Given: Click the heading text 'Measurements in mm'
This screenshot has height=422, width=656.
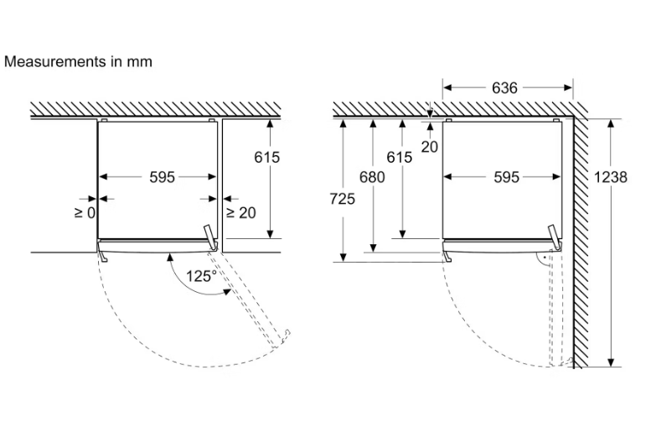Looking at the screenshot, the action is tap(78, 61).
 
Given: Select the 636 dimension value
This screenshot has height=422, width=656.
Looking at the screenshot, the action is tap(504, 88).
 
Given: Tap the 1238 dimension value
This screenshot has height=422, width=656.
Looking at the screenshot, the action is tap(611, 177).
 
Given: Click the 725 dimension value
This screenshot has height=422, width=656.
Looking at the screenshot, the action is tap(342, 199).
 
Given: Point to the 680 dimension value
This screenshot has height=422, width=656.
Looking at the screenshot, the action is tap(372, 177).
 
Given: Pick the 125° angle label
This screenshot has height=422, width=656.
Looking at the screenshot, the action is tap(201, 276).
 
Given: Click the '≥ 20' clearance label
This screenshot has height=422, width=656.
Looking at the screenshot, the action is tap(241, 213).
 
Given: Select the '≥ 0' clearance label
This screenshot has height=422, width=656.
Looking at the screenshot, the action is tap(85, 213).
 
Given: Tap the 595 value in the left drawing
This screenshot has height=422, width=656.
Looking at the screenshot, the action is tap(162, 177).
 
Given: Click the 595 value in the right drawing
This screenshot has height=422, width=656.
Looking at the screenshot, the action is tap(506, 177).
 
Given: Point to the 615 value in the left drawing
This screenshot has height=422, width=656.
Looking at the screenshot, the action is tap(267, 157).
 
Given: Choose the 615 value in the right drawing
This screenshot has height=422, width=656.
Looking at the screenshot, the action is tap(399, 157).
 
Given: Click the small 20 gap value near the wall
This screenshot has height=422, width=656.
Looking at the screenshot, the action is tap(429, 147).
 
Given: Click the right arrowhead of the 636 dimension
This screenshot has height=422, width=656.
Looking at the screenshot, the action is tap(568, 87).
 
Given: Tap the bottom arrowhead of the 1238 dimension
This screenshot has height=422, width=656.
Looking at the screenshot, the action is tap(611, 362).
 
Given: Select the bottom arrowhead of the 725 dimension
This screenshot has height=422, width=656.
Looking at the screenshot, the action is tap(343, 258).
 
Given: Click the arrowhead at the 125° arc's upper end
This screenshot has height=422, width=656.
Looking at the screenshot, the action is tap(170, 257).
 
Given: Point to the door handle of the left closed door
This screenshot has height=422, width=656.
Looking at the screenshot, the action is tap(103, 256).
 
